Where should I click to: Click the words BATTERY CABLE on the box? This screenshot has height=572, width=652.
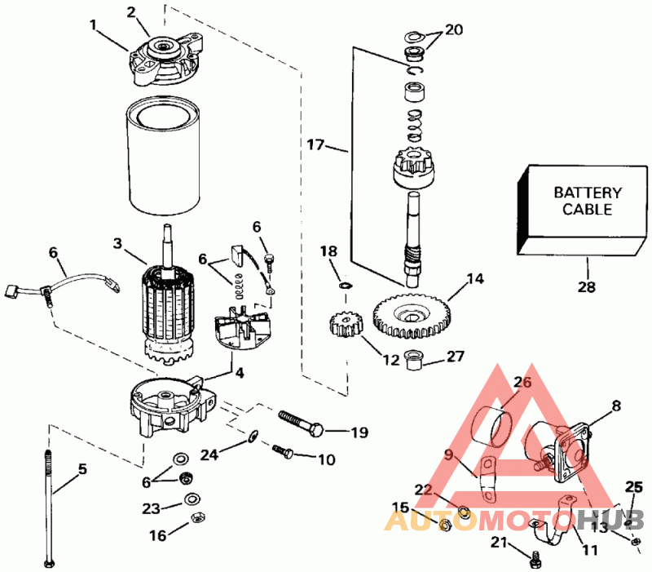pyautogui.click(x=588, y=201)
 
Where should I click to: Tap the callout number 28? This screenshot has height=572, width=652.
pyautogui.click(x=587, y=286)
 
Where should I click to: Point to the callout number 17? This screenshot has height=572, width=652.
pyautogui.click(x=317, y=145)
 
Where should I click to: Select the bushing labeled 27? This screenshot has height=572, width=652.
pyautogui.click(x=417, y=357)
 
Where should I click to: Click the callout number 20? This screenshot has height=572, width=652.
pyautogui.click(x=454, y=29)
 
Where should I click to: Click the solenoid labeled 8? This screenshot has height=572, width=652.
pyautogui.click(x=562, y=445)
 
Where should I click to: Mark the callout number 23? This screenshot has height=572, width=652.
pyautogui.click(x=152, y=508)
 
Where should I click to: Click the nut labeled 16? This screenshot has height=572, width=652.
pyautogui.click(x=196, y=518)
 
